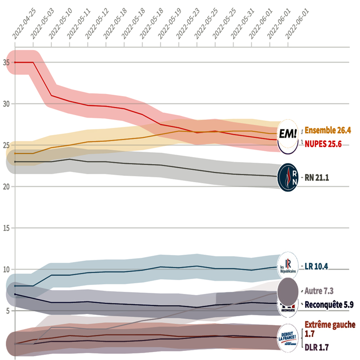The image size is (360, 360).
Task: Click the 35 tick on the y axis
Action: tap(5, 62)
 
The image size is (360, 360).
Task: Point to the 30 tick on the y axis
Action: tap(5, 103)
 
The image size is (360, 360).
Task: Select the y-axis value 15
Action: tap(5, 228)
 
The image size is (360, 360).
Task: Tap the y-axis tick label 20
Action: tap(5, 186)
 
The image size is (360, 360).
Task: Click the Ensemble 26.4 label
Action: tap(328, 130)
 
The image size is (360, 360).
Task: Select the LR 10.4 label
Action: tap(316, 266)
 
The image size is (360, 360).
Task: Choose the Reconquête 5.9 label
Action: tap(329, 305)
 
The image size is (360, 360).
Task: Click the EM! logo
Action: tap(288, 133)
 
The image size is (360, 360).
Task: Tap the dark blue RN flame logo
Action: tap(288, 177)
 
